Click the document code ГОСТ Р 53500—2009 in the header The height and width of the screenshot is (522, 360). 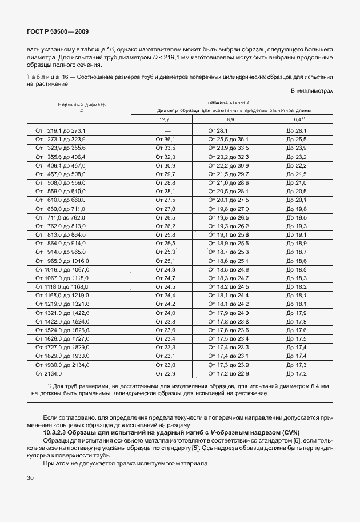coord(58,33)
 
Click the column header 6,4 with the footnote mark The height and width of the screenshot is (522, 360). coord(298,119)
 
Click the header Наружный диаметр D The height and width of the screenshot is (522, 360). coord(79,107)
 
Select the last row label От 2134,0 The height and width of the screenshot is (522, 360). coord(49,373)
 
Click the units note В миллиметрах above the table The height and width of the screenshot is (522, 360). coord(312,91)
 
